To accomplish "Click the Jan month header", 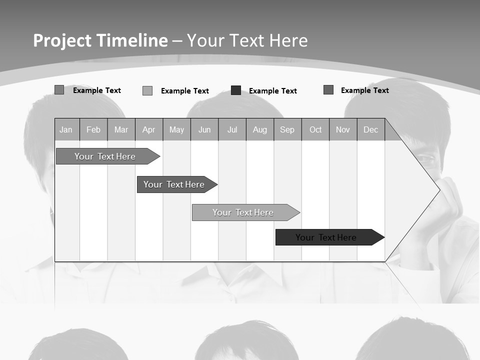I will [x=66, y=129].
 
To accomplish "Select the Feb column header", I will [x=93, y=129].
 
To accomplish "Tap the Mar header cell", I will [x=121, y=129].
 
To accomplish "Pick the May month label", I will [x=176, y=129].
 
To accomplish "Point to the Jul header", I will [x=232, y=129].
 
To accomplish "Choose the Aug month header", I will [x=260, y=129].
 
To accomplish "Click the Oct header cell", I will [x=315, y=129].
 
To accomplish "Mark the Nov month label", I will [x=343, y=129].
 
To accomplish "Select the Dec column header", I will [x=370, y=129].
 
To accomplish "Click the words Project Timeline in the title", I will [x=100, y=40].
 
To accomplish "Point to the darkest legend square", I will [x=236, y=90].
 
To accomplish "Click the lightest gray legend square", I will [x=147, y=90].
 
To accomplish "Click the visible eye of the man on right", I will [x=425, y=159].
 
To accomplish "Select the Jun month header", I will [x=204, y=129].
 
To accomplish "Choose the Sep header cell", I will [x=287, y=129].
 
